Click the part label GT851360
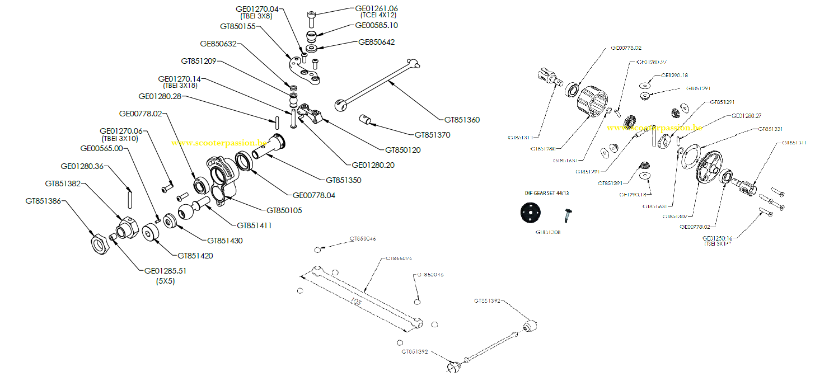coord(462,120)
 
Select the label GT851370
coord(432,135)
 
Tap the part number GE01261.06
coord(377,8)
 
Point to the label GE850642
coord(376,41)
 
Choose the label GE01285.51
coord(165,271)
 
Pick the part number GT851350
coord(343,180)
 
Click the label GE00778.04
coord(314,195)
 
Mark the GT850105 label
coord(284,210)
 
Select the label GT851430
coord(225,241)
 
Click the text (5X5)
coord(165,281)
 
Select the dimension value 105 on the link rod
coord(357,302)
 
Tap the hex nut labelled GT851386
coord(99,242)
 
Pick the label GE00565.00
coord(101,148)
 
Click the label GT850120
coord(403,150)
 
